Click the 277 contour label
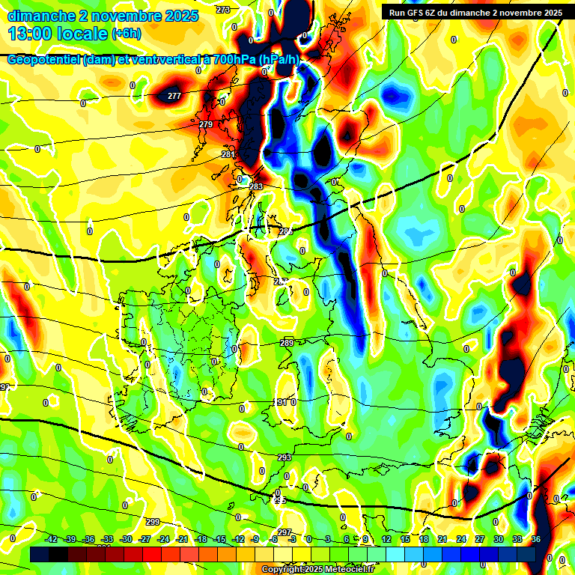[x=174, y=96]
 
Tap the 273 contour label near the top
[x=223, y=10]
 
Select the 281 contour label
[x=228, y=154]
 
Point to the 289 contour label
[x=287, y=343]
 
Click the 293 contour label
[x=285, y=457]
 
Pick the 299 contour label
[x=152, y=522]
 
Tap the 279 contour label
[x=206, y=124]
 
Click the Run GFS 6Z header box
[x=475, y=13]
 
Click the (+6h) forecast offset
[x=126, y=34]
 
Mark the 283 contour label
[x=256, y=186]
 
